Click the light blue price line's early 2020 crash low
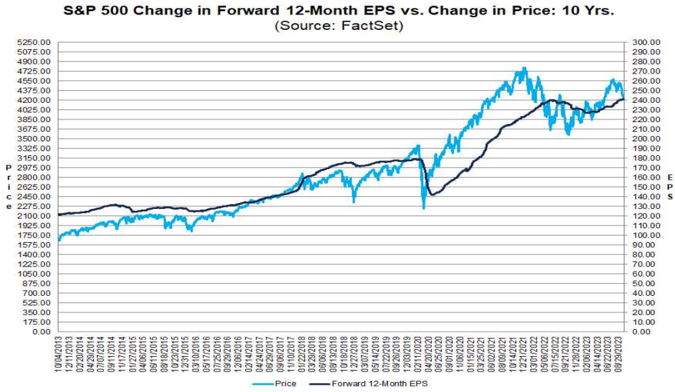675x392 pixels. tap(424, 208)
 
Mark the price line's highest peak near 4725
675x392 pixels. tap(525, 68)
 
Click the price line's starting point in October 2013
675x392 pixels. tap(60, 240)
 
